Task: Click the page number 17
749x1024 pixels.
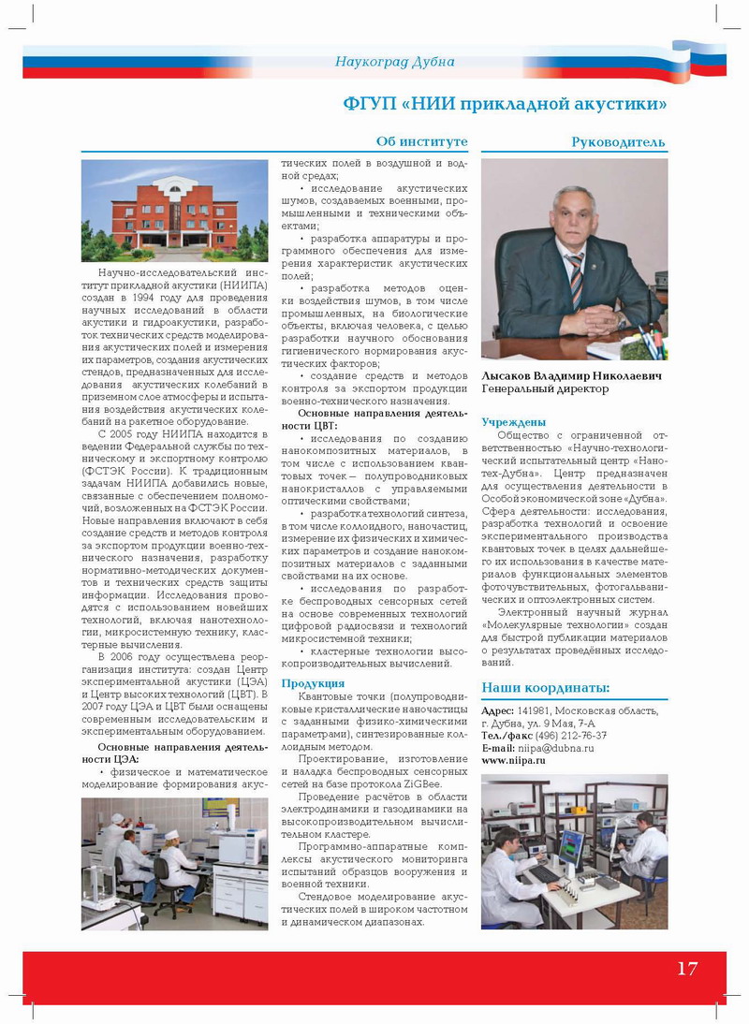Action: pos(687,968)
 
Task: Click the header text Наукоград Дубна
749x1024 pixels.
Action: pos(395,62)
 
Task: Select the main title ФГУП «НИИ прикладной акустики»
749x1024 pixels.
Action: pos(506,102)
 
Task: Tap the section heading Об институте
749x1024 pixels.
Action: pos(421,142)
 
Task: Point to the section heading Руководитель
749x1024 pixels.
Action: pos(619,142)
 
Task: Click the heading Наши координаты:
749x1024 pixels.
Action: pos(546,688)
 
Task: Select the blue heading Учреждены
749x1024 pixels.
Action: pos(514,422)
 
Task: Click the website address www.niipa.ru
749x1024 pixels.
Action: pos(514,761)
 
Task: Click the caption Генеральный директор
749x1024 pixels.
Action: pos(545,388)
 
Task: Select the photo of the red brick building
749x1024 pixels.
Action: pos(174,211)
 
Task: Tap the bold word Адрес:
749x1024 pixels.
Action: pos(497,710)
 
